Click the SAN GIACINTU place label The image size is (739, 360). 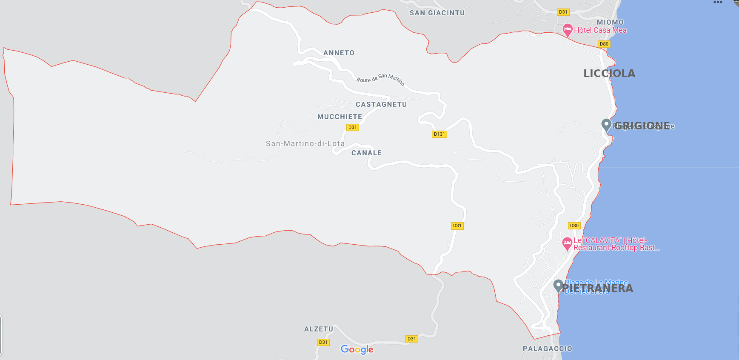(437, 13)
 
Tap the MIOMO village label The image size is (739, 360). (610, 22)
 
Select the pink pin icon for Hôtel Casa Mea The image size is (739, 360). (567, 30)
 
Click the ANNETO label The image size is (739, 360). (339, 53)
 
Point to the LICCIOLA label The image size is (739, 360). (609, 74)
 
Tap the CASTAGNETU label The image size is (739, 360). (381, 105)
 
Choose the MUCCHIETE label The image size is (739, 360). (340, 117)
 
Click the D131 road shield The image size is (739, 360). (439, 134)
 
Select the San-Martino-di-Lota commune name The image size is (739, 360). (305, 144)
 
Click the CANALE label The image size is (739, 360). (366, 153)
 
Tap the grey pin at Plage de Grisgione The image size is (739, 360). (606, 125)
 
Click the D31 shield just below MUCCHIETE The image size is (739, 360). (352, 127)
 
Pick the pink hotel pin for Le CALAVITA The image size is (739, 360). (567, 243)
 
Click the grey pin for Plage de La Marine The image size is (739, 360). (558, 286)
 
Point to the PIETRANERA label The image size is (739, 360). (597, 289)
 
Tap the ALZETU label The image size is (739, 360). (319, 329)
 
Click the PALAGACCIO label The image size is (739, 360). (547, 349)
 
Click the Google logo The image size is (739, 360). (357, 350)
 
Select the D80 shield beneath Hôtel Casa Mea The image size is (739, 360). (604, 44)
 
